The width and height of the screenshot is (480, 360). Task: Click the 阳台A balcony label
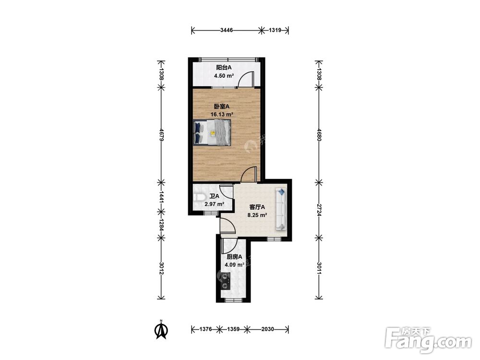(x=224, y=67)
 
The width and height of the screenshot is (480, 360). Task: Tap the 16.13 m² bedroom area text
(x=222, y=115)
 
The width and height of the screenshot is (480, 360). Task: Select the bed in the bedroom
(x=212, y=132)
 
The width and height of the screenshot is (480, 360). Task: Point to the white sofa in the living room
(x=281, y=209)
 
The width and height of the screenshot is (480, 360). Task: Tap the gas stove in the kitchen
(x=226, y=281)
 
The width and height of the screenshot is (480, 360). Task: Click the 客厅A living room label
(x=257, y=207)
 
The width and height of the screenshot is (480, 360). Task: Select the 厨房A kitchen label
(x=234, y=257)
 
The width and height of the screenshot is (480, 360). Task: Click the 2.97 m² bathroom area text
(x=214, y=204)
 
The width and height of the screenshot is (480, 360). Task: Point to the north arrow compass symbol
(x=161, y=330)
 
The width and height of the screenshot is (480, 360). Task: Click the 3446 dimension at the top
(x=227, y=30)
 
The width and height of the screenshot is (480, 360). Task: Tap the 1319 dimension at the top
(x=275, y=30)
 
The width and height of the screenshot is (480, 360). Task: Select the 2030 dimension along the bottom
(x=267, y=329)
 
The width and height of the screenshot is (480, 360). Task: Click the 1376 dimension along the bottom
(x=205, y=329)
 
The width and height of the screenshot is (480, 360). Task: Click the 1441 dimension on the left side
(x=161, y=197)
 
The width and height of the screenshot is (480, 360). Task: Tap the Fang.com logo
(x=428, y=340)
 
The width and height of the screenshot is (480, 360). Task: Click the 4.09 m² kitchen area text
(x=235, y=265)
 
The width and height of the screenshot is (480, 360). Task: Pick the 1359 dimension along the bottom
(x=233, y=329)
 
